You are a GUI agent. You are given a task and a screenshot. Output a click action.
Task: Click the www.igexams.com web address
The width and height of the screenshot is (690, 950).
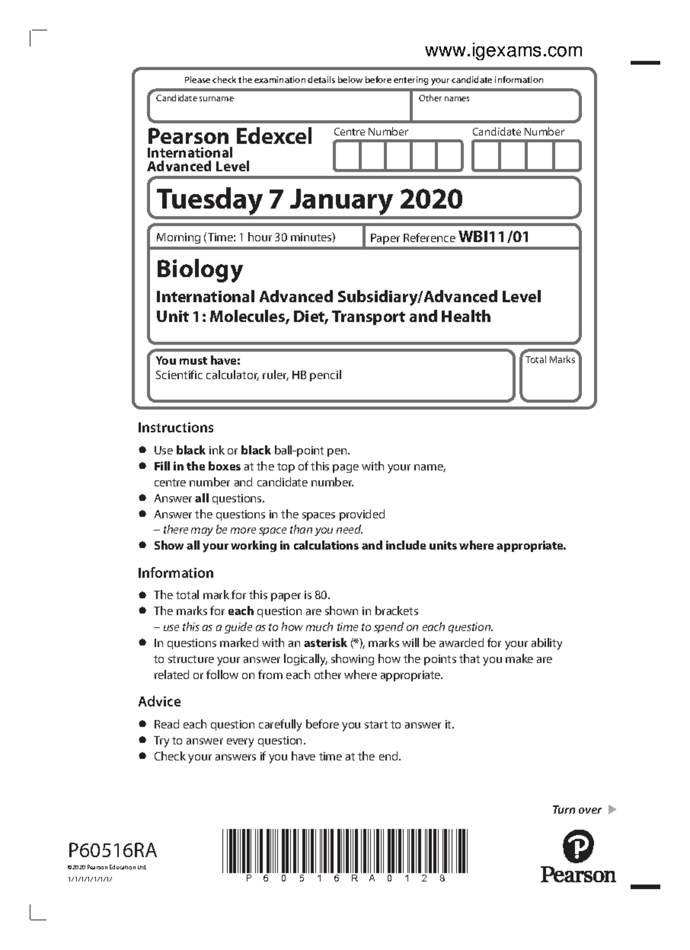tap(503, 51)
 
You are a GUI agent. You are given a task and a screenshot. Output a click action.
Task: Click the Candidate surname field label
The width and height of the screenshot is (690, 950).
tap(194, 98)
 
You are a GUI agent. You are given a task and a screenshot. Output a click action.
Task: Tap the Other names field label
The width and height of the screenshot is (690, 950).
tap(443, 98)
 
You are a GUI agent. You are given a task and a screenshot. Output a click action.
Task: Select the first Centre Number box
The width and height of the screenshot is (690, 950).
tap(347, 156)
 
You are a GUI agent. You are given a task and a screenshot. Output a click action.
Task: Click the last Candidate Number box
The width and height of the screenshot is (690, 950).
tap(567, 156)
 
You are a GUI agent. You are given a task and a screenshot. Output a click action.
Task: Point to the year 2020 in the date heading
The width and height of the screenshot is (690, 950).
tap(431, 199)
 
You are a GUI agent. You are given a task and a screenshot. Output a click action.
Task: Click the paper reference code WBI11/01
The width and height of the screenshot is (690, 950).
tap(493, 237)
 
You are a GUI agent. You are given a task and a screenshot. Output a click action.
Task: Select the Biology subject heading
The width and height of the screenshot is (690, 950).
tap(200, 269)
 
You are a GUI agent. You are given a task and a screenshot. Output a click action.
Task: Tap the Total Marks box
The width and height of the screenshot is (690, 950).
tap(550, 376)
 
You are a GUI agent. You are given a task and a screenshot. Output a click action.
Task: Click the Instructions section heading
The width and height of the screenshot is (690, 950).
tap(175, 428)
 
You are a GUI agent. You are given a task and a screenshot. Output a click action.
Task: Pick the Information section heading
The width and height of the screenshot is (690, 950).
tap(175, 573)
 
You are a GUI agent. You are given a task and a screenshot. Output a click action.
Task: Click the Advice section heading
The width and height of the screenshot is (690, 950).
tap(159, 702)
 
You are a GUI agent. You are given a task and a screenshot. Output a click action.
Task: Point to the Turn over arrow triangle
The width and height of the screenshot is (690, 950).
tap(612, 810)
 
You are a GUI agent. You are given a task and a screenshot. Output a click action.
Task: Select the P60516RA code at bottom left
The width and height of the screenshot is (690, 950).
tap(113, 850)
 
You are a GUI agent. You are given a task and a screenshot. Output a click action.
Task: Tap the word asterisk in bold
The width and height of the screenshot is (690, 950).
tap(325, 643)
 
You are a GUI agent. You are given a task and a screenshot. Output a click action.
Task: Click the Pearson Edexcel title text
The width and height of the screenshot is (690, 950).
tap(229, 137)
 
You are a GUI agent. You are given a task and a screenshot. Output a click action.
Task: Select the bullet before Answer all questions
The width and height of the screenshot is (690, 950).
tap(142, 498)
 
